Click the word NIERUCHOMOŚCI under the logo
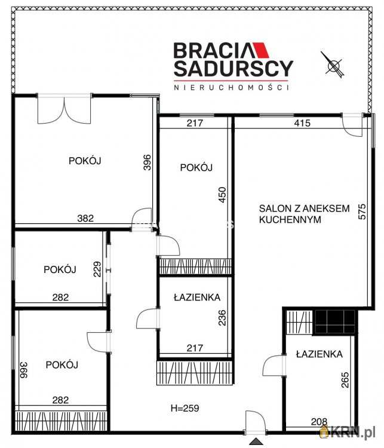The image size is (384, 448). tap(231, 87)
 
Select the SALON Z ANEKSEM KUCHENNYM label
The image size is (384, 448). tap(305, 214)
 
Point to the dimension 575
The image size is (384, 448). tap(362, 211)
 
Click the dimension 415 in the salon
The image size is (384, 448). tap(302, 123)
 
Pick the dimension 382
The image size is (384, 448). tap(85, 218)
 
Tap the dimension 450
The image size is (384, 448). tap(222, 195)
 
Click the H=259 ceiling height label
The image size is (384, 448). tap(185, 408)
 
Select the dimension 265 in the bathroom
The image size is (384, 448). tap(345, 379)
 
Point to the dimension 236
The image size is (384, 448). tap(222, 318)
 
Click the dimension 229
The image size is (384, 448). tap(97, 269)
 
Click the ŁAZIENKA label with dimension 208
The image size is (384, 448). tap(319, 354)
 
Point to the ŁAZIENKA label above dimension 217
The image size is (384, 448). tap(197, 297)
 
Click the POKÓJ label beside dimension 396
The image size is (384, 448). tap(85, 161)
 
